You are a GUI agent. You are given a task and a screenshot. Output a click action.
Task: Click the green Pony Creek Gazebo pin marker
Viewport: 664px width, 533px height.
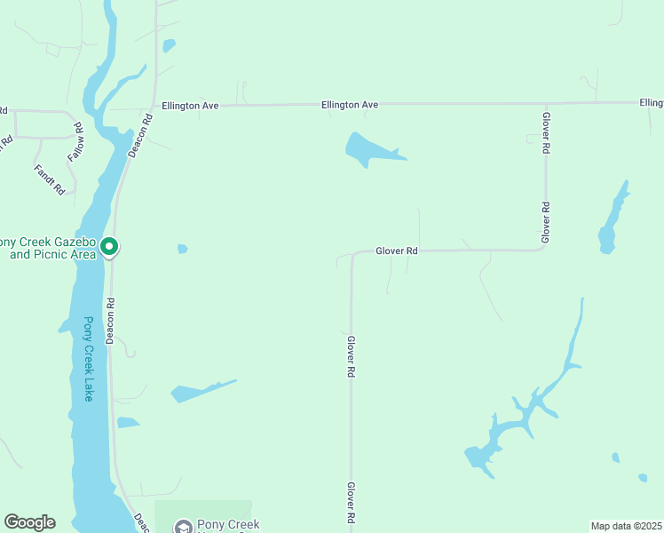109,246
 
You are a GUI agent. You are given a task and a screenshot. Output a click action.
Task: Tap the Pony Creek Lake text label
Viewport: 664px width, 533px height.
88,359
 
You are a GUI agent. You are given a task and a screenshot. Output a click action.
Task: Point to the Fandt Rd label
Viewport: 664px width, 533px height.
50,179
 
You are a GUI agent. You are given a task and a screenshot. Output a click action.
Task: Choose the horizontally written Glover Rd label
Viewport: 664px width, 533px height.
396,251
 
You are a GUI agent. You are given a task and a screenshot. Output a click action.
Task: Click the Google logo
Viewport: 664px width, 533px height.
29,522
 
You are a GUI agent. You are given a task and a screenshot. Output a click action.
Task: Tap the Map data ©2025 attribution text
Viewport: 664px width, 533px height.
626,526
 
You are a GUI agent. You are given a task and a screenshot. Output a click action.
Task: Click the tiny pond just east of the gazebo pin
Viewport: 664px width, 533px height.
182,249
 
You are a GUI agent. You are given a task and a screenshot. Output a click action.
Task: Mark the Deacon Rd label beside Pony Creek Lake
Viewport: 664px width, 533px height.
111,320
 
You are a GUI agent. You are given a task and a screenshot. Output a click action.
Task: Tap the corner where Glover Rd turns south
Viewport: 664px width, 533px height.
352,253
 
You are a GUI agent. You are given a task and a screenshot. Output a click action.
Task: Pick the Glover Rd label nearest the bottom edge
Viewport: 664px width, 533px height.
352,503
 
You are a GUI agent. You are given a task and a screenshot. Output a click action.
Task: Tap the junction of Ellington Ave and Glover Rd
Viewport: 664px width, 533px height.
546,103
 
